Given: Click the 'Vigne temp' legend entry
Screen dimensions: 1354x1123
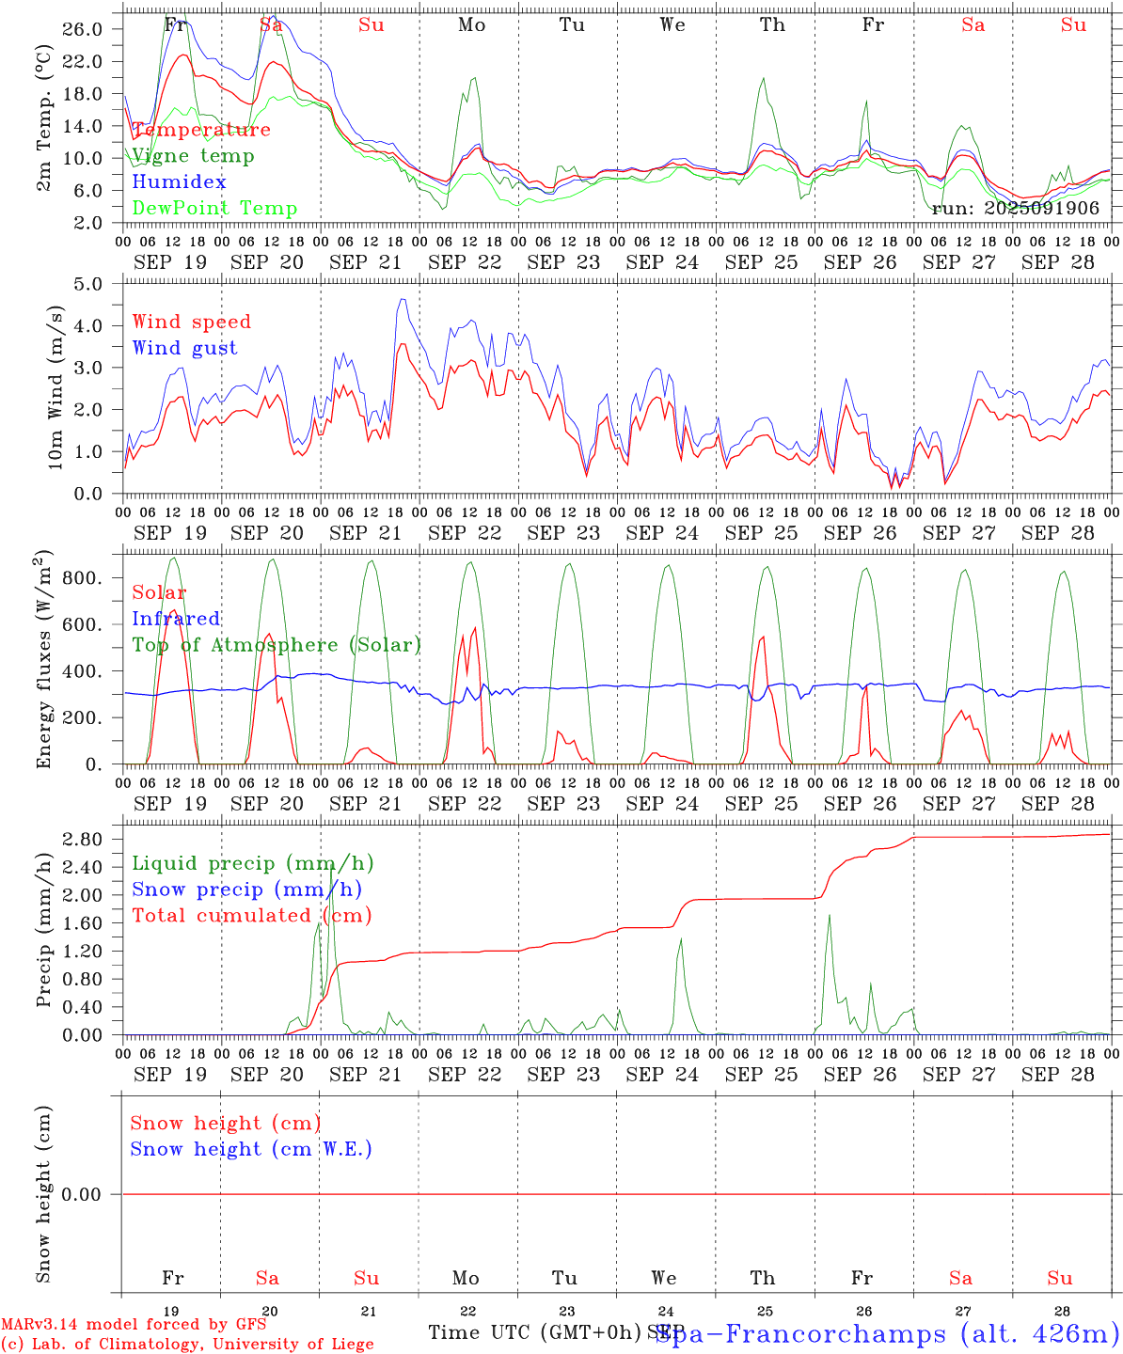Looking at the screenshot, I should tap(193, 156).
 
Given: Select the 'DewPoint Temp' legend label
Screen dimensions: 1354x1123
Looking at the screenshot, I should tap(214, 209).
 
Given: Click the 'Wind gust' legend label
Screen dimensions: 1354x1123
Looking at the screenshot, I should tap(184, 348).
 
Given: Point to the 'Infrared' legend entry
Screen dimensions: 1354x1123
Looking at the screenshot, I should tap(176, 619).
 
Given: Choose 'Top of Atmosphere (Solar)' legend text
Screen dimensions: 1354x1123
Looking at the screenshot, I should tap(277, 645).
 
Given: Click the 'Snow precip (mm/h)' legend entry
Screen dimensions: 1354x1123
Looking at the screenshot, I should tap(246, 890).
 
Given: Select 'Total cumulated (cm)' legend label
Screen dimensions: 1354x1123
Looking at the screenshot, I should tap(251, 916).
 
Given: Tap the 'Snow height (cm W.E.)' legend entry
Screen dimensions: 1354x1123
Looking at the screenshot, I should tap(251, 1149).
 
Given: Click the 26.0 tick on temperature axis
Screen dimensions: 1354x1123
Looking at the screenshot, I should tap(84, 29).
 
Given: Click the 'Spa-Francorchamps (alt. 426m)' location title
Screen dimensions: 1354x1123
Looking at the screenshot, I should tap(887, 1333).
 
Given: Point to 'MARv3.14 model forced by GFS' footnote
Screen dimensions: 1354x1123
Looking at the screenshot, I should tap(134, 1325).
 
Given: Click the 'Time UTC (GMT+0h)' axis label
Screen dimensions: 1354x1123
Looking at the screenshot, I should tap(534, 1332).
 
